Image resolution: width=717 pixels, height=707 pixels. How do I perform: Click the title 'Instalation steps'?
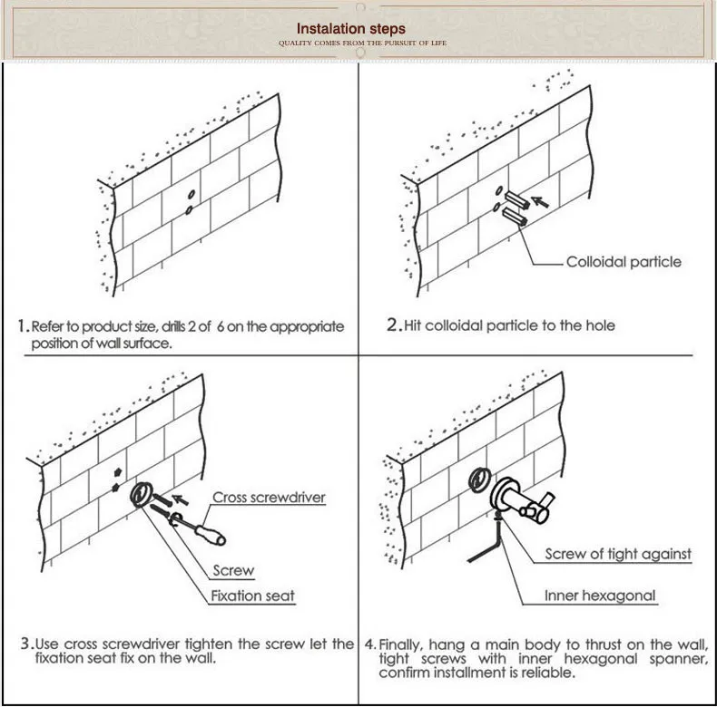click(x=350, y=29)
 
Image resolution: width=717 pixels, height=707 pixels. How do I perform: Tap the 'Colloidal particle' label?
click(x=624, y=262)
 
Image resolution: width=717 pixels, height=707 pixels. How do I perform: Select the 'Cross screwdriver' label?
click(x=269, y=498)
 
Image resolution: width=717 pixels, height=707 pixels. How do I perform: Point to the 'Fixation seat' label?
click(x=252, y=596)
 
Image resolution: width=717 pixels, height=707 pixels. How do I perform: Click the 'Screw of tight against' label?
click(x=618, y=554)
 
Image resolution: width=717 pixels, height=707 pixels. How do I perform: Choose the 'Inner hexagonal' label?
click(x=600, y=596)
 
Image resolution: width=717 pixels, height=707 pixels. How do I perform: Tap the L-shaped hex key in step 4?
click(x=487, y=546)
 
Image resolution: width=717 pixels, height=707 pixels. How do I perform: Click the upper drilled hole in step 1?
click(x=192, y=195)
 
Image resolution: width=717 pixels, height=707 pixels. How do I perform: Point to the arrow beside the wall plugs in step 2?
click(x=540, y=201)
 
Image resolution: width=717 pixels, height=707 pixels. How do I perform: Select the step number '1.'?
click(x=24, y=326)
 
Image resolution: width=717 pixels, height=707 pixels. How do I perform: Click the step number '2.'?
click(x=394, y=324)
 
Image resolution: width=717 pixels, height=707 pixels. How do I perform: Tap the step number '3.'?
click(x=27, y=644)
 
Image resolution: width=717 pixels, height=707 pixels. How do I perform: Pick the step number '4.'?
click(x=370, y=644)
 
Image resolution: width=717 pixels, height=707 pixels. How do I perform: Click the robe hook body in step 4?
click(x=522, y=501)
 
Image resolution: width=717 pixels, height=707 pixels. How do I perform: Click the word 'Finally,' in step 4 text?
click(x=402, y=644)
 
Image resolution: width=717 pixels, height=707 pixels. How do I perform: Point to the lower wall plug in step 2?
click(x=515, y=216)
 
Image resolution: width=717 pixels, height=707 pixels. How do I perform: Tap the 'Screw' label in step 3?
click(x=233, y=570)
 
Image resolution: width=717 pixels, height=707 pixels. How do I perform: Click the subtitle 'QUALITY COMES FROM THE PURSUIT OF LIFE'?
click(x=363, y=43)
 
